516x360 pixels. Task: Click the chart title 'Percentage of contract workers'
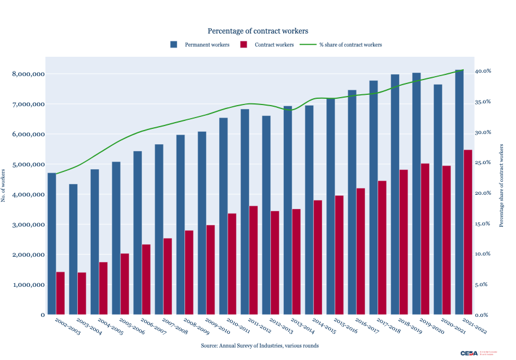[x=258, y=31]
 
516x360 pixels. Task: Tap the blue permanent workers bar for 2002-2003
[x=52, y=244]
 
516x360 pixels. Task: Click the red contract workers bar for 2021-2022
[x=468, y=233]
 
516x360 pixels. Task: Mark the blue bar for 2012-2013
[x=266, y=216]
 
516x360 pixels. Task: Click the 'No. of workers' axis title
[x=3, y=185]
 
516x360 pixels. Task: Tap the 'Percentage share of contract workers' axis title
[x=501, y=185]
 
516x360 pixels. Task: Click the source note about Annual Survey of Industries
[x=259, y=345]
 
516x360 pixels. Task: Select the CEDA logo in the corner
[x=470, y=353]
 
